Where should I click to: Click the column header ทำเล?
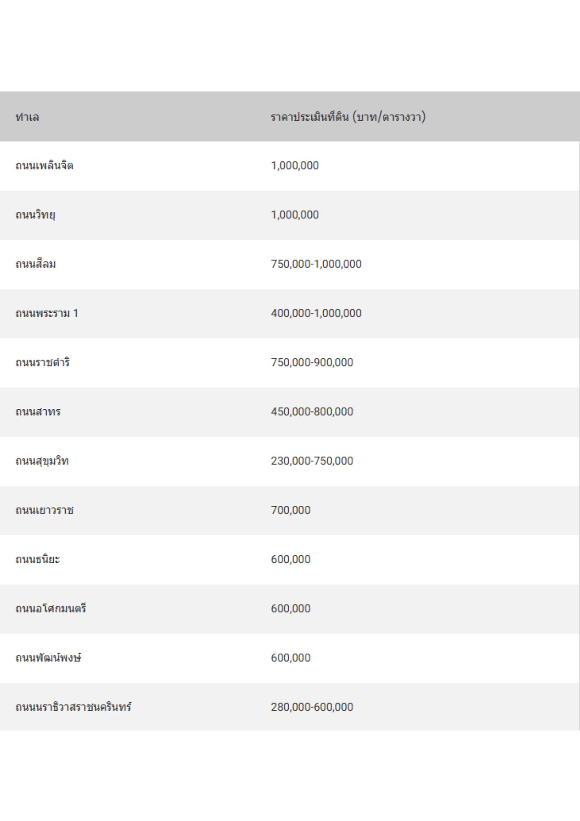(27, 117)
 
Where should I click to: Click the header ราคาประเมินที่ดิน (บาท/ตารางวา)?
(348, 117)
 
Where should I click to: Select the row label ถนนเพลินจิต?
(44, 166)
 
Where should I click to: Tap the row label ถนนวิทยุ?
(35, 215)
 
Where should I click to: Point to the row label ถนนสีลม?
(36, 264)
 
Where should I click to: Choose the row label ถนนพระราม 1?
(47, 314)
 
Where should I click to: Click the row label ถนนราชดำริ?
(43, 363)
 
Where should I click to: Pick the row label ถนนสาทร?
(38, 412)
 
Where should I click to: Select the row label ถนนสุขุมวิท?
(42, 461)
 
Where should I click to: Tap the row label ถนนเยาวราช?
(45, 510)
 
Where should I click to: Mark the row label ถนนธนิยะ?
(38, 560)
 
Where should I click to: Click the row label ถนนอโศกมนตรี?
(51, 609)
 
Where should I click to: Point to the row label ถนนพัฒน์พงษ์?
(48, 658)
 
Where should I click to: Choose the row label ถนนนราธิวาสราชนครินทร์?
(73, 707)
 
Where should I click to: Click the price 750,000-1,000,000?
(316, 264)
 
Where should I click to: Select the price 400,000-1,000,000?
(316, 313)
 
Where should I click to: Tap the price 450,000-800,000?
(312, 412)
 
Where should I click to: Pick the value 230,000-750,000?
(312, 461)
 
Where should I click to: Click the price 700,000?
(290, 510)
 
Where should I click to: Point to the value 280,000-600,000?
(312, 707)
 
